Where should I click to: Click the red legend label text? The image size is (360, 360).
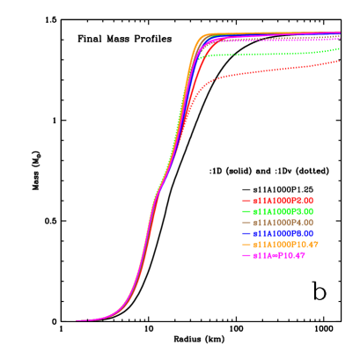[x=283, y=201]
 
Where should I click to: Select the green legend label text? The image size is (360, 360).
[x=283, y=212]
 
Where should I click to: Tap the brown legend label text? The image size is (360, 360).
[x=283, y=223]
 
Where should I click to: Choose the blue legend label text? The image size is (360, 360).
[x=283, y=233]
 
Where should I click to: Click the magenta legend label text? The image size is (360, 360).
[x=278, y=255]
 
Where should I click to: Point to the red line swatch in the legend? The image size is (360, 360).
[x=246, y=201]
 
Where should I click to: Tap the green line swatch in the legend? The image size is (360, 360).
[x=246, y=212]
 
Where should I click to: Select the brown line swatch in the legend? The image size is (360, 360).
[x=246, y=223]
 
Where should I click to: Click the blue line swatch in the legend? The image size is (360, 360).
[x=246, y=233]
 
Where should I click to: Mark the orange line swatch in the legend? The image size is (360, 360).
[x=246, y=244]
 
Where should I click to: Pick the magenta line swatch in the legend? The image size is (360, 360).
[x=246, y=255]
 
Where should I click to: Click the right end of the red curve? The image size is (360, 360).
[x=339, y=61]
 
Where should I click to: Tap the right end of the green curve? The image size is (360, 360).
[x=339, y=48]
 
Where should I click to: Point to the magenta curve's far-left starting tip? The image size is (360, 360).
[x=77, y=320]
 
